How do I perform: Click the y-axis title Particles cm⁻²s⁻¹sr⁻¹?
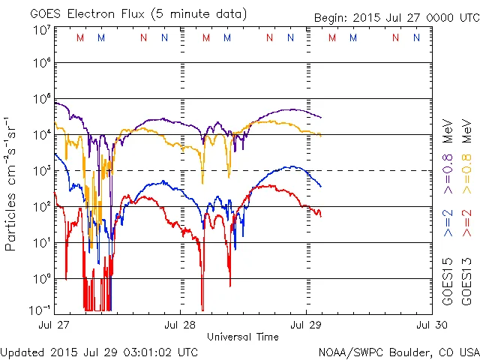(11, 184)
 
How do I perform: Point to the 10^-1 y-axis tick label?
(40, 309)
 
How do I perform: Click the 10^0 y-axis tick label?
(42, 279)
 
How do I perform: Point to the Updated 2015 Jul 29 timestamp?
(100, 352)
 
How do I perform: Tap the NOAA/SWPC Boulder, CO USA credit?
(398, 352)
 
